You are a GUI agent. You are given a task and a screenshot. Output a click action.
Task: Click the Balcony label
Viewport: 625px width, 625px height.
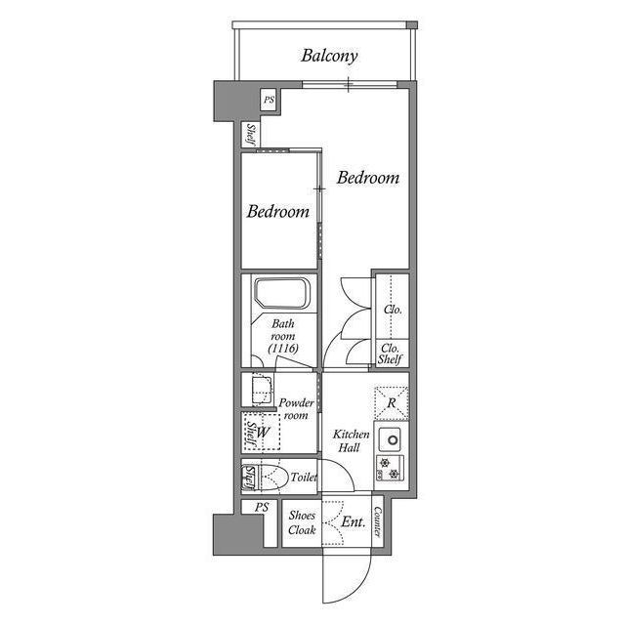[x=329, y=56]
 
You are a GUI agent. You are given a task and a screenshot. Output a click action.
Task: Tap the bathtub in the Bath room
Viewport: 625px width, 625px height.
[x=281, y=294]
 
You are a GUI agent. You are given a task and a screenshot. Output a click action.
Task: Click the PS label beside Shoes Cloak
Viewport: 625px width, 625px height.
[x=261, y=508]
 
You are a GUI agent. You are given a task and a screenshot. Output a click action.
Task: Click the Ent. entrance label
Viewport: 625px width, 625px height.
[x=354, y=522]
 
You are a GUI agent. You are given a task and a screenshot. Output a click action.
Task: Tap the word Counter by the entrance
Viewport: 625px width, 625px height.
[x=377, y=522]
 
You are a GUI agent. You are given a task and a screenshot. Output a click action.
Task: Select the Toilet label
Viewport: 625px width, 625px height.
[x=304, y=478]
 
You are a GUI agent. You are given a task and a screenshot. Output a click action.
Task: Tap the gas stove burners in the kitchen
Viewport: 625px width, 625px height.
[x=391, y=467]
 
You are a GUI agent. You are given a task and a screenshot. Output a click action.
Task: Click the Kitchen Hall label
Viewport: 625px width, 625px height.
[x=351, y=440]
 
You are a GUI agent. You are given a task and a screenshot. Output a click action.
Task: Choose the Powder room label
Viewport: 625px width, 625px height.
[x=296, y=408]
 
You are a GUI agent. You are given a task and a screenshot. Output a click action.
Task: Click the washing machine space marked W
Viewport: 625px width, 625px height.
[x=262, y=431]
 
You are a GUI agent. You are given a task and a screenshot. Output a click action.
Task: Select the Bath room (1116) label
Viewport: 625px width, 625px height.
[x=284, y=335]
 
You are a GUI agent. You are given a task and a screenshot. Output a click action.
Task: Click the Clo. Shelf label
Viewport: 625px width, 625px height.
[x=391, y=352]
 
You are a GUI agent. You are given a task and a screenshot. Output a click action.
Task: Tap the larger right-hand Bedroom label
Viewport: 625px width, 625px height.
[x=368, y=178]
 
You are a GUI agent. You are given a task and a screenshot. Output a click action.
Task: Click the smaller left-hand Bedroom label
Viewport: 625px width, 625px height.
[x=277, y=211]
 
